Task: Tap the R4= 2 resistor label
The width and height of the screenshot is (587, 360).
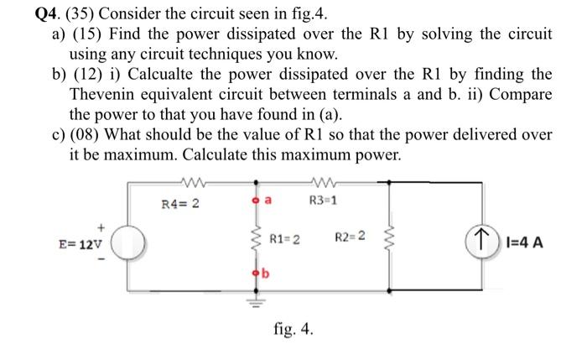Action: tap(179, 202)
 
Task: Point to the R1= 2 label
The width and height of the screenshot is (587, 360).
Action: tap(285, 243)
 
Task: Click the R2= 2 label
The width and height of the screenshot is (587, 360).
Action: tap(351, 238)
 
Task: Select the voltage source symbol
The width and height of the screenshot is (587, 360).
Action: tap(130, 243)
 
